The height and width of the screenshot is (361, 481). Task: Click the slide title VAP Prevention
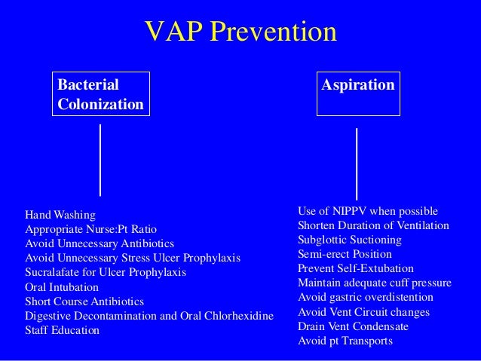[x=240, y=32]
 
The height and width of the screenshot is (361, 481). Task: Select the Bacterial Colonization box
[x=100, y=94]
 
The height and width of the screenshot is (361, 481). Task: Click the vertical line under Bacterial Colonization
[x=101, y=160]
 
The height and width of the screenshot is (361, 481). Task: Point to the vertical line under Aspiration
[x=356, y=164]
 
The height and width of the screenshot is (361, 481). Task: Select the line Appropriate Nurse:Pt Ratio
[x=91, y=229]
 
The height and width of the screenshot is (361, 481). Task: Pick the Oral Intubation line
[x=62, y=287]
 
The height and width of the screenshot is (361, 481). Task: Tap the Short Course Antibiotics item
[x=84, y=301]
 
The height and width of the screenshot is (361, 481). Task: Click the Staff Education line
[x=62, y=330]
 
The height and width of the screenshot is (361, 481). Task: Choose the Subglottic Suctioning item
[x=350, y=240]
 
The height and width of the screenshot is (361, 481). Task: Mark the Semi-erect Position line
[x=345, y=254]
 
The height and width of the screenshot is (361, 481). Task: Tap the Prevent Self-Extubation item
[x=356, y=268]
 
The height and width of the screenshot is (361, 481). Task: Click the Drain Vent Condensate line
[x=354, y=326]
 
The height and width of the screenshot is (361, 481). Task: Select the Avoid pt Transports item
[x=345, y=341]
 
